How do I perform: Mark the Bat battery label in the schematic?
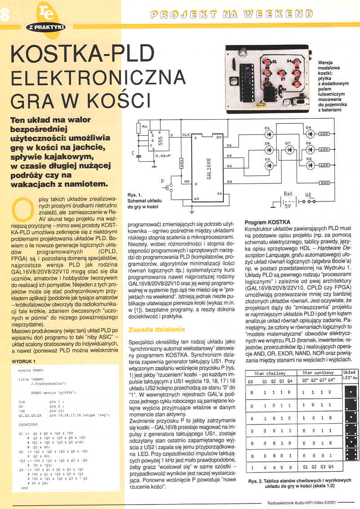(288, 194)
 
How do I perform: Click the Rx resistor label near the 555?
(144, 127)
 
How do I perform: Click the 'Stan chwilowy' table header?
(270, 373)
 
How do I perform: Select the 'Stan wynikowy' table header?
(317, 373)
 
